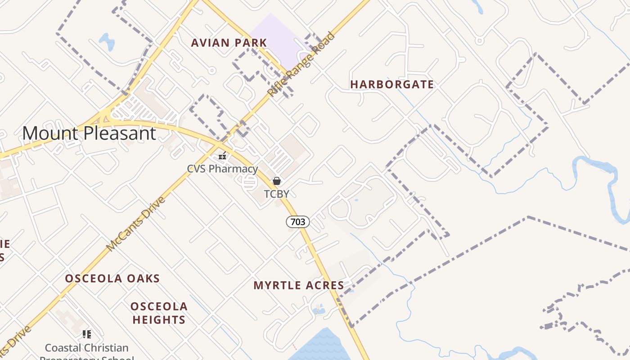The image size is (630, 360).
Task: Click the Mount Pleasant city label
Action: point(89,134)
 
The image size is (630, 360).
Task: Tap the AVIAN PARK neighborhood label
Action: point(229,43)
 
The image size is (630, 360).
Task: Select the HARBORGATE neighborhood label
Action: point(392,85)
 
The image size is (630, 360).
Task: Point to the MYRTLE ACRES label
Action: point(299,285)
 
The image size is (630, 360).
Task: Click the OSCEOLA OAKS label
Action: point(112,279)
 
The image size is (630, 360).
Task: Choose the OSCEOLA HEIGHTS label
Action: point(159,313)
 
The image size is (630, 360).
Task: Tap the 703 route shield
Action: point(298,221)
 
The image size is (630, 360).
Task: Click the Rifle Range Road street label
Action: point(301,64)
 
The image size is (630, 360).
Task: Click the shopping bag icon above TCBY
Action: point(277,181)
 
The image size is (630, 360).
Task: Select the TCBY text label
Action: point(276,194)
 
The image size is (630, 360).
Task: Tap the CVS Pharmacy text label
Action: point(222,169)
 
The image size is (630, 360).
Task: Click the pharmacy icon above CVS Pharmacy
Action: point(222,156)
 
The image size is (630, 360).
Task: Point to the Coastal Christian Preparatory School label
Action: point(86,348)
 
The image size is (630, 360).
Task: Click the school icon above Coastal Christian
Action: point(87,334)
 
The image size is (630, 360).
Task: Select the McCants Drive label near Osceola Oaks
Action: point(136,224)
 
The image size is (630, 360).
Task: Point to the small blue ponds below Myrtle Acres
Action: point(319,309)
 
